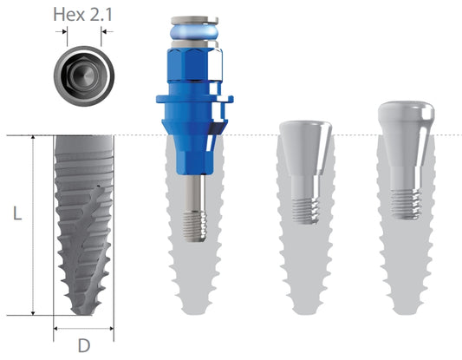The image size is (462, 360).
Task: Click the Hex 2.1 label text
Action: [83, 15]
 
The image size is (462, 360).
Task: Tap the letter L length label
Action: [17, 213]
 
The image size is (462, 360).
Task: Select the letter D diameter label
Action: [84, 345]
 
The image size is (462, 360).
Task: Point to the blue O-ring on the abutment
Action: [194, 32]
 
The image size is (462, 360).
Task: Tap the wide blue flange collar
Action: [194, 99]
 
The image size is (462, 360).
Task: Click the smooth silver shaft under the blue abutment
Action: [194, 193]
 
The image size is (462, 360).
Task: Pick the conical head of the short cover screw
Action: [305, 147]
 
